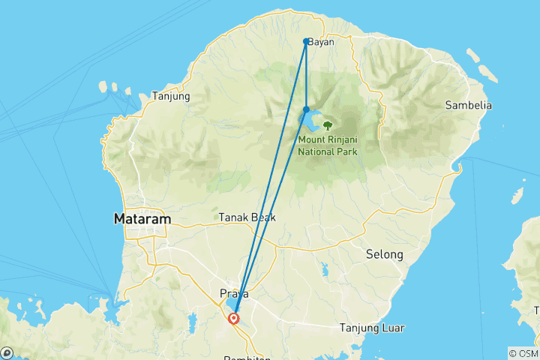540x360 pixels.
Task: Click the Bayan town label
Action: pos(320,42)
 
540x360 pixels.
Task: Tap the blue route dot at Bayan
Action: pos(306,41)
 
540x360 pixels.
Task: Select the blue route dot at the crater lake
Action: pos(306,109)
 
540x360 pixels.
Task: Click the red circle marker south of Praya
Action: pos(235,318)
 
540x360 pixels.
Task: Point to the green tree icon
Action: pos(327,124)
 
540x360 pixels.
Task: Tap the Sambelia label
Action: pos(468,106)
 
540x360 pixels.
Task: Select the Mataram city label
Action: pos(142,220)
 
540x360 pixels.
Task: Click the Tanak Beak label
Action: pos(247,217)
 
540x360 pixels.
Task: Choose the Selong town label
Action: pos(385,255)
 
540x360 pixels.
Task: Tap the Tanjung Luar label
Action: pos(372,328)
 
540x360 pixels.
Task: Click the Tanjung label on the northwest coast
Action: pos(171,96)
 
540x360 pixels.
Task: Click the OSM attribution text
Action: pos(523,353)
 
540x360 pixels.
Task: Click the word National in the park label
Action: pos(318,151)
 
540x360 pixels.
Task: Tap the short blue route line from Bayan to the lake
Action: pos(306,75)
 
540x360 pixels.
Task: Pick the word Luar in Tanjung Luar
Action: pos(392,328)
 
